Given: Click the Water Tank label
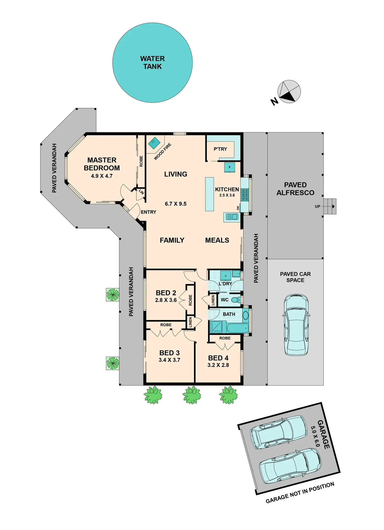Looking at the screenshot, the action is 152,63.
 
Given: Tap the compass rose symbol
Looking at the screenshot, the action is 289,92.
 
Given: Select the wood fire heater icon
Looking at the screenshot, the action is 154,143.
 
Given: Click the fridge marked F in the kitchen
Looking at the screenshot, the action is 230,167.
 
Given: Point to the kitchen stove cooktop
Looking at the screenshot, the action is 245,195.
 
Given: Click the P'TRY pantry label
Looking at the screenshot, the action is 220,149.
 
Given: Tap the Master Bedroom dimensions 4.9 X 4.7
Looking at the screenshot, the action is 102,176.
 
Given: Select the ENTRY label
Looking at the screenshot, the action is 148,212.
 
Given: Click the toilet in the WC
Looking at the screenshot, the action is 236,300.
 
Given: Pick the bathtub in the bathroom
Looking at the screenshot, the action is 238,328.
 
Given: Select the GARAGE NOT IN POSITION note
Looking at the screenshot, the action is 300,493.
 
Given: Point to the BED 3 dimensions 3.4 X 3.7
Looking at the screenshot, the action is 169,360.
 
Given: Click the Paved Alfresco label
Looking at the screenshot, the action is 295,189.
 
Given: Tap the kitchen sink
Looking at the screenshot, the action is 232,217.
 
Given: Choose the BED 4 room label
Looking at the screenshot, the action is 218,358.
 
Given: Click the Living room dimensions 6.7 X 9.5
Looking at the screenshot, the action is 176,204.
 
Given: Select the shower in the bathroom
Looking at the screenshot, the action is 216,327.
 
